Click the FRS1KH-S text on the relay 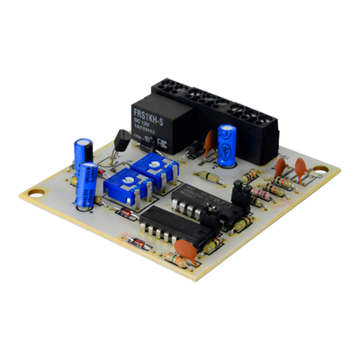click(148, 111)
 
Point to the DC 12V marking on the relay click(147, 120)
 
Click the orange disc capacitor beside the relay click(209, 141)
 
